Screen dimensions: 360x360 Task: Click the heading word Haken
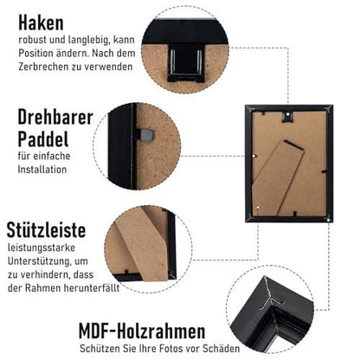pyautogui.click(x=41, y=22)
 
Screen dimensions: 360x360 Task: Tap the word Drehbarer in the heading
pyautogui.click(x=55, y=117)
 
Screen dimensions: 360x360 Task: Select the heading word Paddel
pyautogui.click(x=43, y=139)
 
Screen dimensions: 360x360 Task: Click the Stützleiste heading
pyautogui.click(x=46, y=230)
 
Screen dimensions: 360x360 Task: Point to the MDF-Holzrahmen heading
pyautogui.click(x=142, y=331)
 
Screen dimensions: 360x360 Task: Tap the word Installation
pyautogui.click(x=42, y=170)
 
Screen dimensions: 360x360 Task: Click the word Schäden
pyautogui.click(x=221, y=348)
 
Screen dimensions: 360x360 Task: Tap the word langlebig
pyautogui.click(x=89, y=40)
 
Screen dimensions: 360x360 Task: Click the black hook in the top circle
pyautogui.click(x=185, y=62)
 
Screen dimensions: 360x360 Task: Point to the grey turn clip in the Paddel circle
pyautogui.click(x=146, y=135)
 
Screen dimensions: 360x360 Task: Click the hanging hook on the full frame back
pyautogui.click(x=287, y=116)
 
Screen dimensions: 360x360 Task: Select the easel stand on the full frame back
pyautogui.click(x=278, y=178)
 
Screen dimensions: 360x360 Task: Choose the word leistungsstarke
pyautogui.click(x=42, y=247)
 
